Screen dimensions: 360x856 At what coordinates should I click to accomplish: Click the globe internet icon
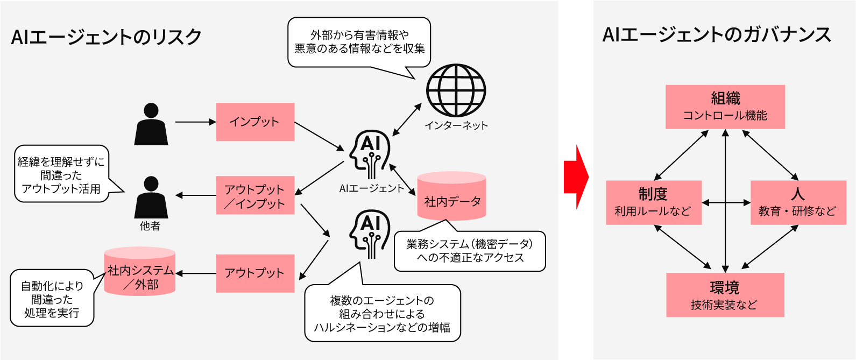(x=456, y=91)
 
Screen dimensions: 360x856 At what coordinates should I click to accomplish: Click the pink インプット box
(x=255, y=122)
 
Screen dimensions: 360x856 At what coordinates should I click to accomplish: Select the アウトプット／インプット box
(x=255, y=195)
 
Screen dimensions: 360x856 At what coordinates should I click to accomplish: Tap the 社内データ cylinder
(x=452, y=197)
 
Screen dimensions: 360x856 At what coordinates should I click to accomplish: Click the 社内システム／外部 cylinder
(x=140, y=272)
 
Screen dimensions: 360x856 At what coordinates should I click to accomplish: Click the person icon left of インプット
(x=151, y=124)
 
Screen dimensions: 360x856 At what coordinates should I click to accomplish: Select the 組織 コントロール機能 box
(x=725, y=107)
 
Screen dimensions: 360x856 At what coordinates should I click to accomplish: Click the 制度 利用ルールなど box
(x=653, y=202)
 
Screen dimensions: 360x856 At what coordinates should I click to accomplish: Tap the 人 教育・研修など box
(x=797, y=202)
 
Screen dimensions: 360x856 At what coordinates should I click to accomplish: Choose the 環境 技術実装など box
(x=725, y=295)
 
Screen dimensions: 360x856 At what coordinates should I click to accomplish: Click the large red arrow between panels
(x=576, y=177)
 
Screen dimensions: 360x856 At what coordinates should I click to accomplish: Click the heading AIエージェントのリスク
(x=106, y=37)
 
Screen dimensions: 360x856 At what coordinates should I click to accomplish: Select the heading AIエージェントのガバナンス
(x=717, y=34)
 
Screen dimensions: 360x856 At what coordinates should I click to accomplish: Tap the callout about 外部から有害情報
(x=359, y=42)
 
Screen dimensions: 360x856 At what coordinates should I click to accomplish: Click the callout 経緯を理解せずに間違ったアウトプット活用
(x=61, y=174)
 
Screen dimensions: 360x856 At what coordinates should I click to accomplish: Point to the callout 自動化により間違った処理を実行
(x=52, y=299)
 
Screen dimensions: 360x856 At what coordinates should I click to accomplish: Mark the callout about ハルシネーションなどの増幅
(x=382, y=314)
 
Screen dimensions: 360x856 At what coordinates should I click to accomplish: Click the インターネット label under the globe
(x=456, y=125)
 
